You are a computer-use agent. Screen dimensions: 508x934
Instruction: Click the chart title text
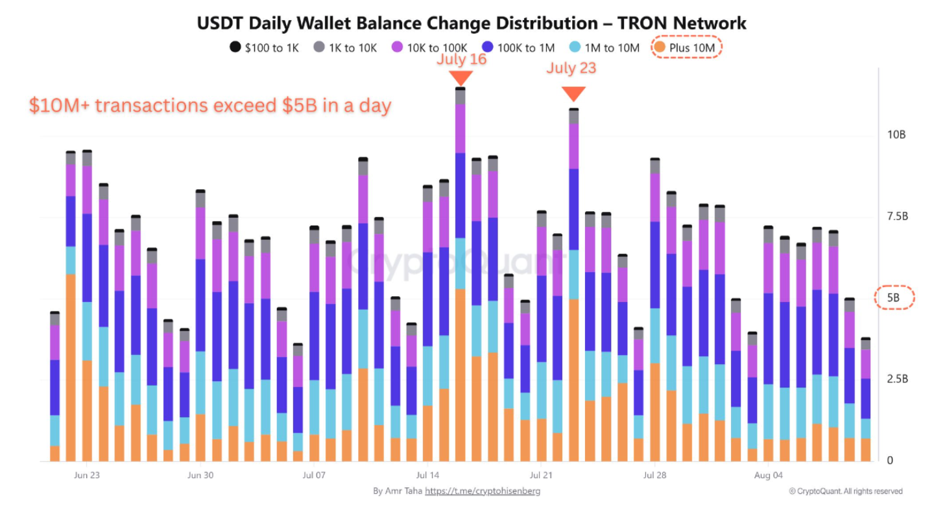(x=472, y=23)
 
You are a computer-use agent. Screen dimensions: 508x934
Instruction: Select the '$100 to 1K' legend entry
(x=264, y=48)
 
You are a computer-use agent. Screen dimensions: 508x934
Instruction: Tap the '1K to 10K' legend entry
(x=344, y=48)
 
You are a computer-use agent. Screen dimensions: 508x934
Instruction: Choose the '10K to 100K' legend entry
(x=428, y=48)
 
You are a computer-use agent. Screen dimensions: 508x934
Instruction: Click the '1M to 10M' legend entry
(x=603, y=48)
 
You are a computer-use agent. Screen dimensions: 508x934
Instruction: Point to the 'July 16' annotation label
(x=461, y=60)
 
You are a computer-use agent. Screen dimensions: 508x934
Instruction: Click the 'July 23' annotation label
(x=571, y=68)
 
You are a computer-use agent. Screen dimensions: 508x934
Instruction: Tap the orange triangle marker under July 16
(x=461, y=77)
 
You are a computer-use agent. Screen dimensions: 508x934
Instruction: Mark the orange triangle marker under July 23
(x=573, y=94)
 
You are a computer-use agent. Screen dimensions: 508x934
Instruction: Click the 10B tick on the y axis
(x=896, y=135)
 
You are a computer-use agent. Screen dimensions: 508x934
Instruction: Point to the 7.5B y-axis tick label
(x=895, y=216)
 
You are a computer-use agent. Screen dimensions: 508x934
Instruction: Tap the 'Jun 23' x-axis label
(x=86, y=475)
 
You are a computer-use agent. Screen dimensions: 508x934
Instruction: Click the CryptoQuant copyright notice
(x=846, y=491)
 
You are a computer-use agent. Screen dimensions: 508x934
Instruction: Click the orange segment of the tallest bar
(x=461, y=376)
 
